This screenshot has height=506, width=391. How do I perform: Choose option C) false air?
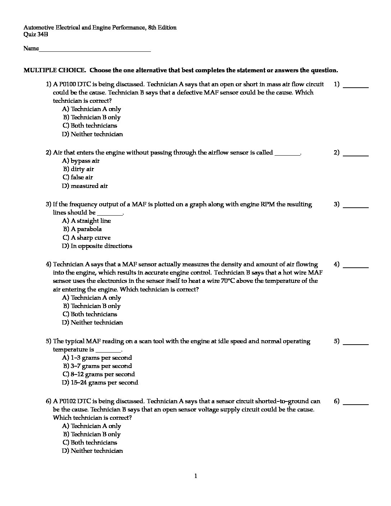78,177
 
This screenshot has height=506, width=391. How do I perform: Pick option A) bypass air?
81,161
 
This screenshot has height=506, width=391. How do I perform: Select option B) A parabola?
82,229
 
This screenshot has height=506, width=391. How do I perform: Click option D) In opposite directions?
97,246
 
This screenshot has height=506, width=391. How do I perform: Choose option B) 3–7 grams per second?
97,366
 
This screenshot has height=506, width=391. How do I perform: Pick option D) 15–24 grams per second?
100,382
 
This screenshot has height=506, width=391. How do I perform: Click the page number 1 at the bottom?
195,476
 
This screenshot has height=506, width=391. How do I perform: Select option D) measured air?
85,186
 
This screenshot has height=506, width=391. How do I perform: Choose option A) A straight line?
87,221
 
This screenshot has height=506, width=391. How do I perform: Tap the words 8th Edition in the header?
162,27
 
